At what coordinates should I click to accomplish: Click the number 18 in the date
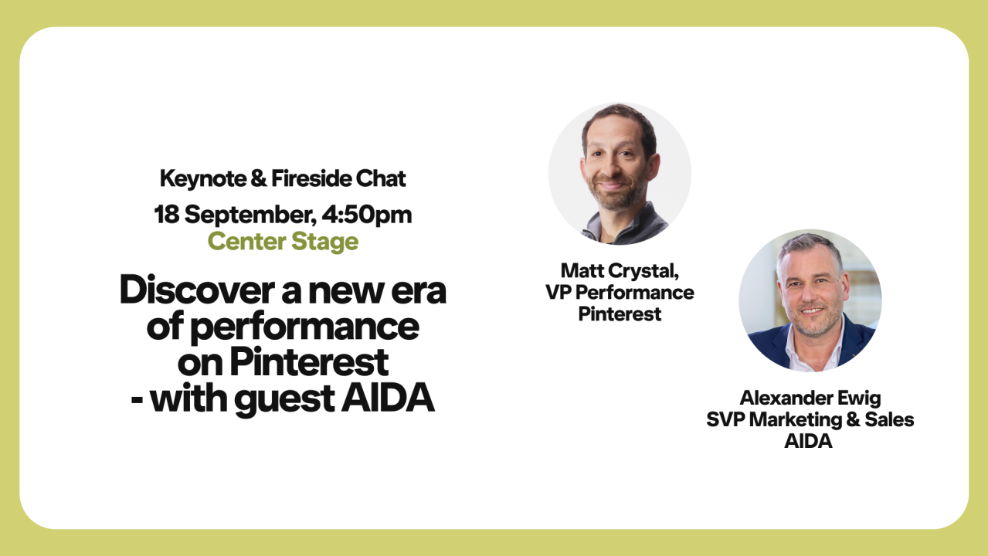tap(167, 214)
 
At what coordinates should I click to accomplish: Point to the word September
tap(244, 215)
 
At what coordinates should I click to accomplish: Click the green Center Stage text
tap(283, 242)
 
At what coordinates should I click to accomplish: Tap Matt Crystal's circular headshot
tap(620, 174)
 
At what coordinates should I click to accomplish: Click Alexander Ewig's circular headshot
tap(810, 300)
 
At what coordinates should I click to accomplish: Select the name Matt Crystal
tap(620, 271)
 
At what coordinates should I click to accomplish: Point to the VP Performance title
tap(620, 293)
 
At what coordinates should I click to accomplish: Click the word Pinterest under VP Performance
tap(620, 314)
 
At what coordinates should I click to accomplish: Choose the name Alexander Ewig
tap(810, 398)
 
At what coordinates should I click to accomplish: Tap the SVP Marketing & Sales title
tap(810, 419)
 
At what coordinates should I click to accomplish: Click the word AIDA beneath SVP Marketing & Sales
tap(810, 442)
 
